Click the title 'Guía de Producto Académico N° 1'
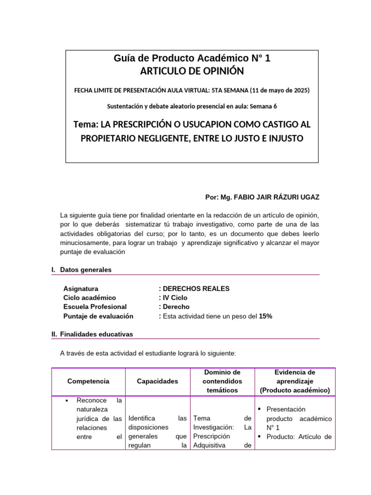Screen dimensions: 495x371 tap(192, 58)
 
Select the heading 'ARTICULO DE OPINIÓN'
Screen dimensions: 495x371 tap(192, 71)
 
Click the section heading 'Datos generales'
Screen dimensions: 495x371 tap(86, 270)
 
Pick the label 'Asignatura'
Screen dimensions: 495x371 tap(81, 289)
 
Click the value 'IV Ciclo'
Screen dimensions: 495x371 tap(174, 298)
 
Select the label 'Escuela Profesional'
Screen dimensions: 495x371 tap(95, 307)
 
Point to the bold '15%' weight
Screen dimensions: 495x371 tap(266, 316)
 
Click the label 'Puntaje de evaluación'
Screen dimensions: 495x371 tap(98, 316)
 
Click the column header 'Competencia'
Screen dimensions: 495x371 tap(88, 381)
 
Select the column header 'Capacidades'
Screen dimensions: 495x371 tap(157, 381)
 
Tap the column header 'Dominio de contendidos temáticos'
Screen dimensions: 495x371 tap(223, 381)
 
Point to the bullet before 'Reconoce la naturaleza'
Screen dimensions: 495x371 tap(67, 401)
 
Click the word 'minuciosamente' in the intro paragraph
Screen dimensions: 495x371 tap(84, 243)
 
